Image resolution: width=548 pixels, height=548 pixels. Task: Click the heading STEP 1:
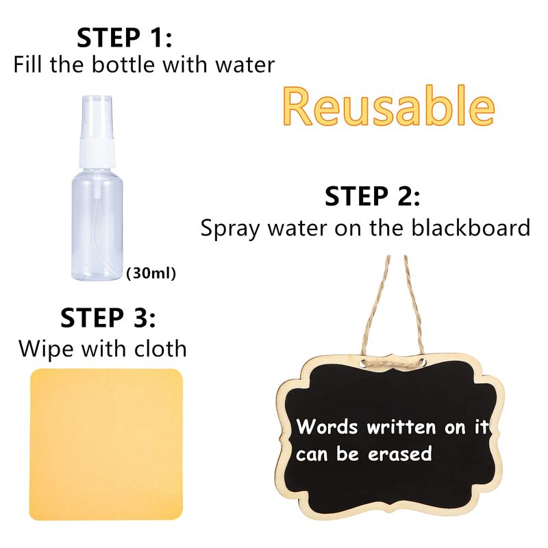click(x=125, y=38)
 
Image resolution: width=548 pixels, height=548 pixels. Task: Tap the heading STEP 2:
click(x=372, y=196)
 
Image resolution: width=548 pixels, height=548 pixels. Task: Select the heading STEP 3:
click(x=108, y=317)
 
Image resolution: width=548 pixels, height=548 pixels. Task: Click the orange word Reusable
click(x=388, y=105)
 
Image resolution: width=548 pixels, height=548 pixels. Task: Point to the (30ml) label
click(x=151, y=273)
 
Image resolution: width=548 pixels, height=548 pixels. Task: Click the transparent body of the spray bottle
click(x=97, y=224)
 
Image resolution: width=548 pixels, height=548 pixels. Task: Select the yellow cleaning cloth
click(x=106, y=445)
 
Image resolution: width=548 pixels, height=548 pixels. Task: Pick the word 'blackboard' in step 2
click(x=471, y=227)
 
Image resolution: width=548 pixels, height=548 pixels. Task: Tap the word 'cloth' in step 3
click(x=160, y=349)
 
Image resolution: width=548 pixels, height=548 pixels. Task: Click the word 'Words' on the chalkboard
click(x=327, y=426)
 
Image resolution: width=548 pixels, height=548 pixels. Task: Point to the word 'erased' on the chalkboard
click(x=400, y=453)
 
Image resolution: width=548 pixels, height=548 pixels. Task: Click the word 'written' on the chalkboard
click(x=401, y=427)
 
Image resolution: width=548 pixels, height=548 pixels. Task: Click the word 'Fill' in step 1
click(x=27, y=64)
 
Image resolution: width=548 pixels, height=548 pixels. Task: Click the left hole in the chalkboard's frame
click(x=364, y=364)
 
